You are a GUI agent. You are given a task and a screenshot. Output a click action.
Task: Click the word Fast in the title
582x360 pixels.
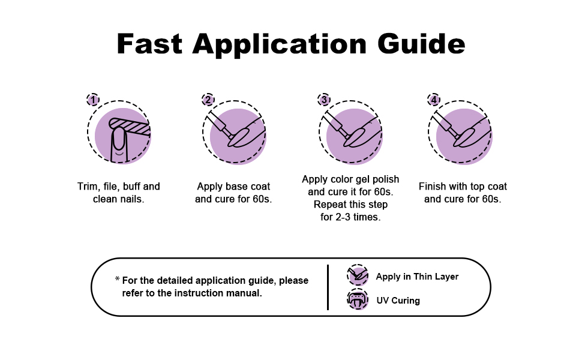tap(149, 45)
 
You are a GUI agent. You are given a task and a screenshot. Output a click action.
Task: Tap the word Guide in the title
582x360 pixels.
tap(421, 45)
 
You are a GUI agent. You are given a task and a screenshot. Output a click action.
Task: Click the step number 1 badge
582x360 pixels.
tap(93, 100)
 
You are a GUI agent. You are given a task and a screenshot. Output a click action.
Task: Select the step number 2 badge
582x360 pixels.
tap(208, 100)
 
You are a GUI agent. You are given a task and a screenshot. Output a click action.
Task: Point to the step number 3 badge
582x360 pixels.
tap(325, 100)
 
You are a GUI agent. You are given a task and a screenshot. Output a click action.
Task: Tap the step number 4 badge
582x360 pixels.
tap(434, 100)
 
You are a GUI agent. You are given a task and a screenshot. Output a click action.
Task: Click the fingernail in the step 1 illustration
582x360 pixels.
tap(119, 138)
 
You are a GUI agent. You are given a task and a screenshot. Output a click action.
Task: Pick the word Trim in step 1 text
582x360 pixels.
tap(88, 187)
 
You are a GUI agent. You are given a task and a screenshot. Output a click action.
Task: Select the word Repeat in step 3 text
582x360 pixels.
tap(329, 205)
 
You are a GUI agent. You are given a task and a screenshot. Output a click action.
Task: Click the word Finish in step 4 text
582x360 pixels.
tap(433, 187)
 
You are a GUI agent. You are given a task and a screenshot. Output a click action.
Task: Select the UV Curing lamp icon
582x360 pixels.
tap(358, 299)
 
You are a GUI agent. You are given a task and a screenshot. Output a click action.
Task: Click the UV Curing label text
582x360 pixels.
tap(398, 301)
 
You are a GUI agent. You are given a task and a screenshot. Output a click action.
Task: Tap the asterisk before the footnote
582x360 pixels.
tap(117, 280)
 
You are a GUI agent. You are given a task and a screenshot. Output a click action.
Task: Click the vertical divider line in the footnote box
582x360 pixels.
tap(328, 287)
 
